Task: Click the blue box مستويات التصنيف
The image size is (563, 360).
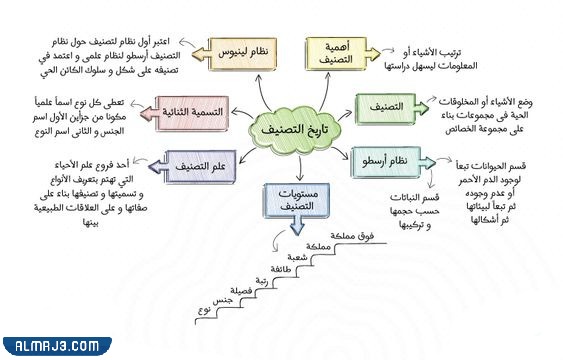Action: [294, 198]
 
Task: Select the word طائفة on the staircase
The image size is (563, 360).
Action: [294, 270]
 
